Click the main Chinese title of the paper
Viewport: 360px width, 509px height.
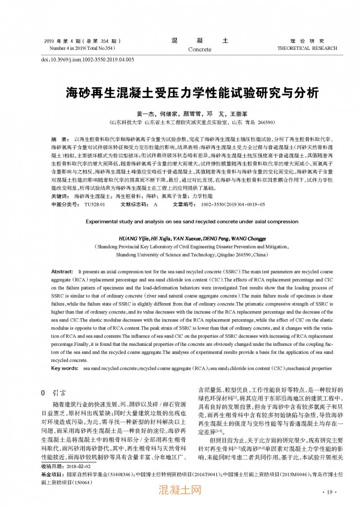pyautogui.click(x=192, y=93)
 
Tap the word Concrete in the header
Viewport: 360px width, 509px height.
pyautogui.click(x=200, y=49)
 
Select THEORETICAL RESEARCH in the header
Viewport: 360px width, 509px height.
pyautogui.click(x=307, y=48)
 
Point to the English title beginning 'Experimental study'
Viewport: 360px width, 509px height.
pyautogui.click(x=191, y=222)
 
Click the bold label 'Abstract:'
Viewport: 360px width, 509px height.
pyautogui.click(x=62, y=272)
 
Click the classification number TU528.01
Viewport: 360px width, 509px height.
pyautogui.click(x=94, y=205)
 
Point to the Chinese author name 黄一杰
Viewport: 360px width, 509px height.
pyautogui.click(x=146, y=114)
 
